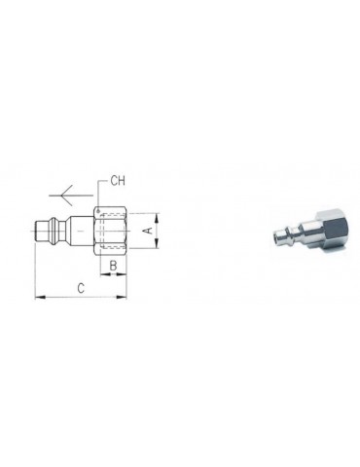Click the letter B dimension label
tap(113, 264)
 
